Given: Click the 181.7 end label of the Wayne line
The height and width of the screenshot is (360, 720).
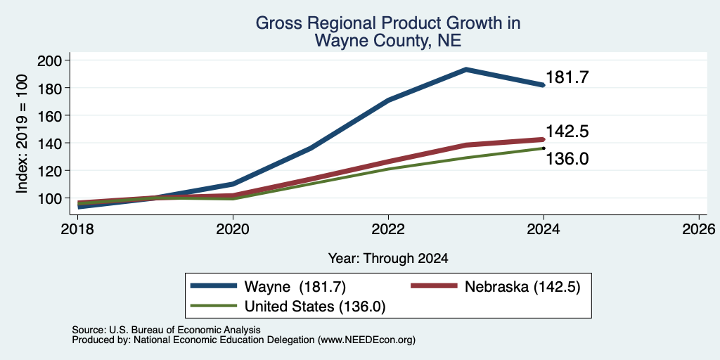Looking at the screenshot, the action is tap(567, 77).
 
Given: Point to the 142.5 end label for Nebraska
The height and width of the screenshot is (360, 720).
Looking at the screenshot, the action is tap(567, 131).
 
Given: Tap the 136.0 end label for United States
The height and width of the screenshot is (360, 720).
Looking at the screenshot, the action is tap(567, 159).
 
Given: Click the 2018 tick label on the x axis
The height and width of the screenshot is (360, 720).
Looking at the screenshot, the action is tap(77, 229).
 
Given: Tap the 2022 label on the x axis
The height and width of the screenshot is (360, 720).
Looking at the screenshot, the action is tap(388, 229).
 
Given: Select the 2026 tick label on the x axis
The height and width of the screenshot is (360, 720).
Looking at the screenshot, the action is tap(699, 229).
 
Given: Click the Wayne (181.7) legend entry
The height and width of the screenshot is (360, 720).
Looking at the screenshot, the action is tap(268, 287).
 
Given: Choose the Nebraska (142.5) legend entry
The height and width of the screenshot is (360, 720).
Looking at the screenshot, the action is tap(496, 287).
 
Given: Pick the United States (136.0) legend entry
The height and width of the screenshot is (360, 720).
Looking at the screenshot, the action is tap(288, 307).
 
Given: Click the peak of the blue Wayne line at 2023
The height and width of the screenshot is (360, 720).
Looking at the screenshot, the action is tap(466, 70).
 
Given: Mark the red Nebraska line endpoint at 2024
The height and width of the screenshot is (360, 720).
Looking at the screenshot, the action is tap(544, 139).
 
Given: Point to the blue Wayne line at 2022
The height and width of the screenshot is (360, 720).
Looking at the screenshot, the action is tap(388, 100).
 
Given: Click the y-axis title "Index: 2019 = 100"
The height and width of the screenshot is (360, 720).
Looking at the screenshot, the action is tap(22, 134).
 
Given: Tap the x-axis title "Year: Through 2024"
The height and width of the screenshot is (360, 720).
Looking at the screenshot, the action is tap(388, 259).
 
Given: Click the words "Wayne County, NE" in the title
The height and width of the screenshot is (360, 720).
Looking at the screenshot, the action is tap(388, 41).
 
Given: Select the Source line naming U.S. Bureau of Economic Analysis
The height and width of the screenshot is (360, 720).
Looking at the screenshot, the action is tap(166, 330).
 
